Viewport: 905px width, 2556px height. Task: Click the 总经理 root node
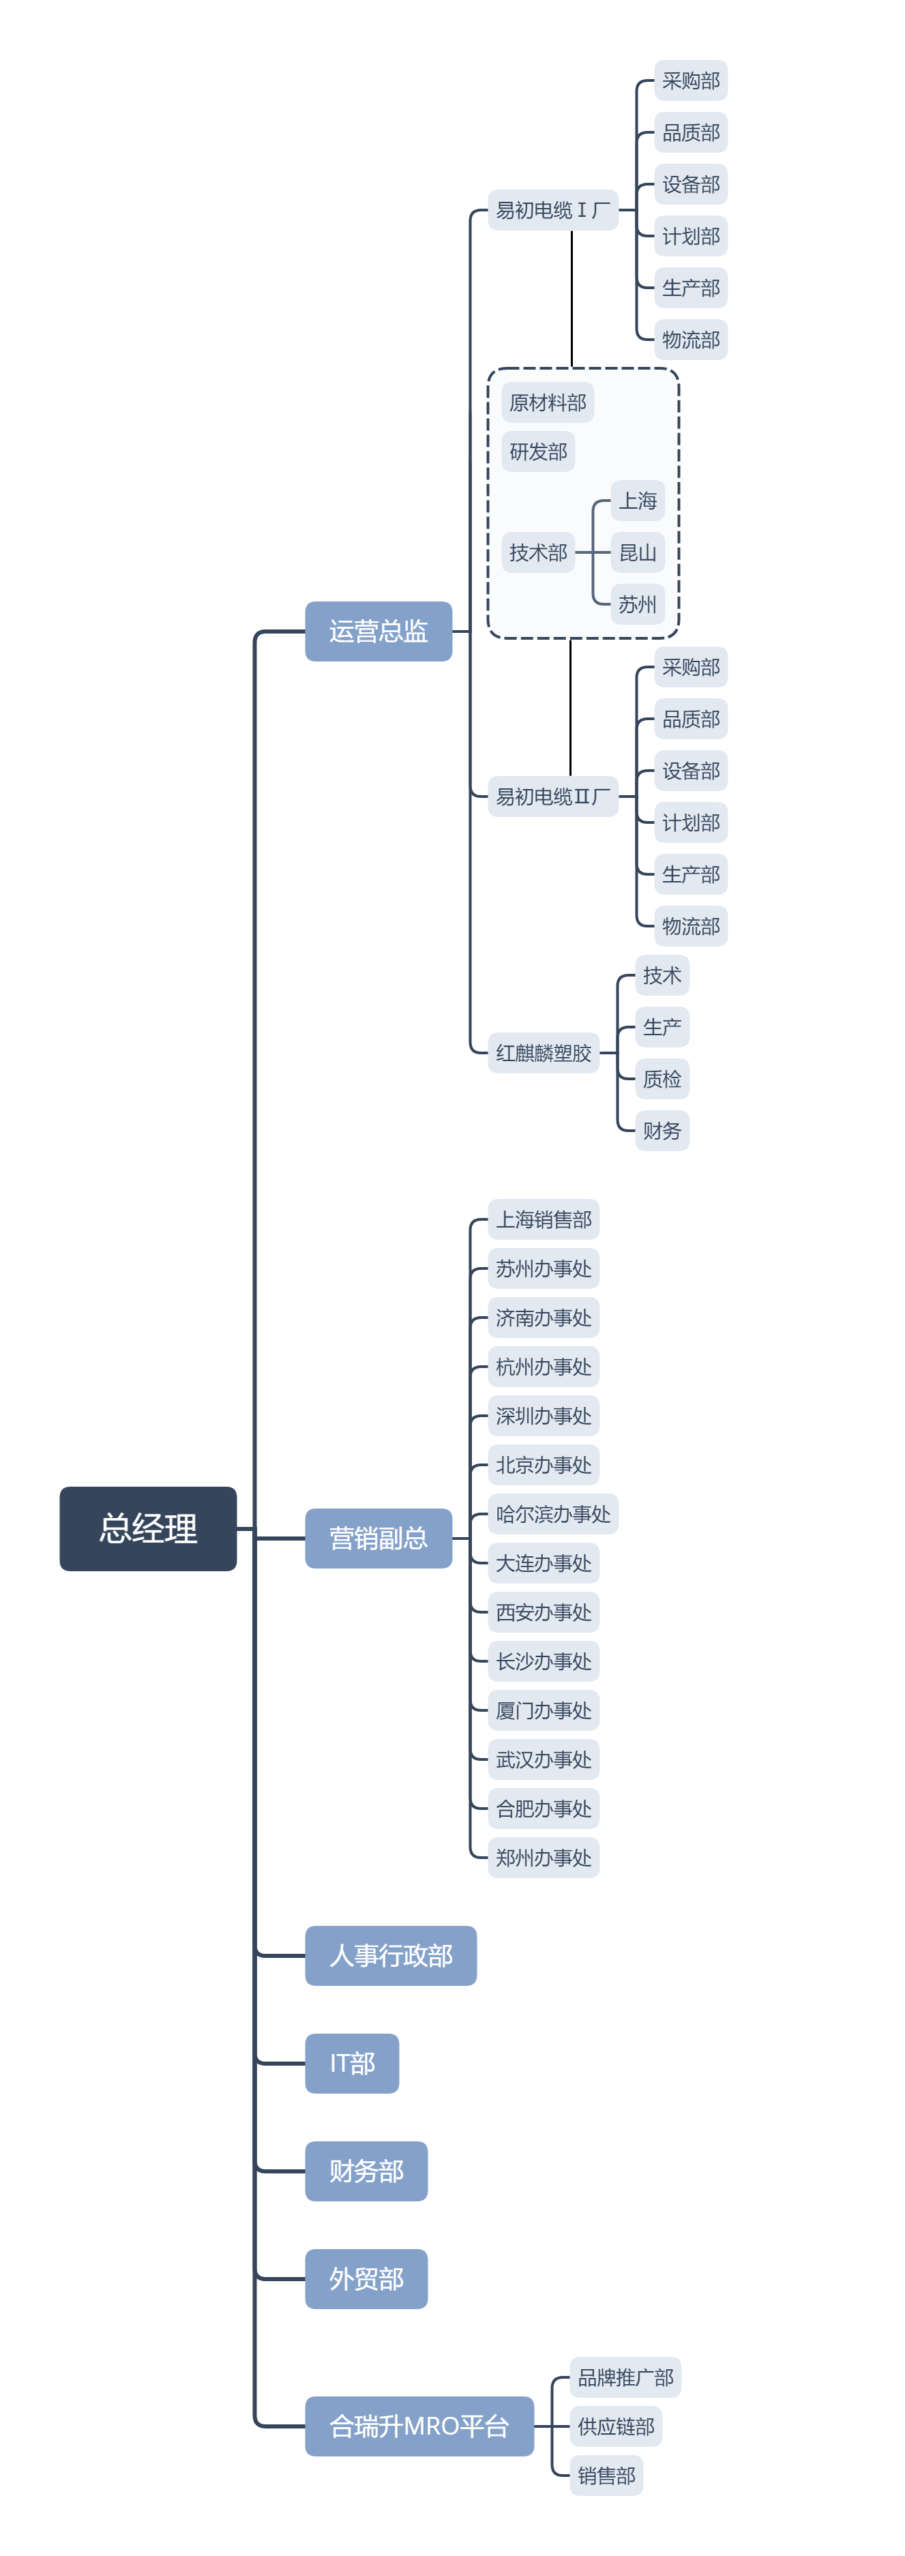148,1528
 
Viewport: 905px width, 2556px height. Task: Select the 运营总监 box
378,631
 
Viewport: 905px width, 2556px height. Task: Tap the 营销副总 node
378,1538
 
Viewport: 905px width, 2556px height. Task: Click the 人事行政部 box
390,1955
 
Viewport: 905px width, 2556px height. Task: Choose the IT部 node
351,2063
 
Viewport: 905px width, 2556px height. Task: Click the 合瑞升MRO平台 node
419,2426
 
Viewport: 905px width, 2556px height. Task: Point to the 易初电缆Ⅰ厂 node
552,210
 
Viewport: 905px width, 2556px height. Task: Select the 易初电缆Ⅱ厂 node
552,797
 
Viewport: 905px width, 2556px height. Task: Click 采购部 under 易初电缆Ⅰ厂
691,80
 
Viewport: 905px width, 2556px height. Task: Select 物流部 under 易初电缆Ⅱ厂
691,925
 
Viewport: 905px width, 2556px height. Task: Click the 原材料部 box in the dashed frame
547,402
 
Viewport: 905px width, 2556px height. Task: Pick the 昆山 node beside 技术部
637,552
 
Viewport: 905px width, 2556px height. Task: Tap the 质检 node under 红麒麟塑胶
661,1079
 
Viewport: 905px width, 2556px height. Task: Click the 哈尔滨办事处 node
552,1514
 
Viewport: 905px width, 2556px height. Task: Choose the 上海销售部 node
543,1219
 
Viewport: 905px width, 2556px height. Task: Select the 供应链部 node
615,2426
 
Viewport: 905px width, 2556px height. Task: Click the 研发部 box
538,451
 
